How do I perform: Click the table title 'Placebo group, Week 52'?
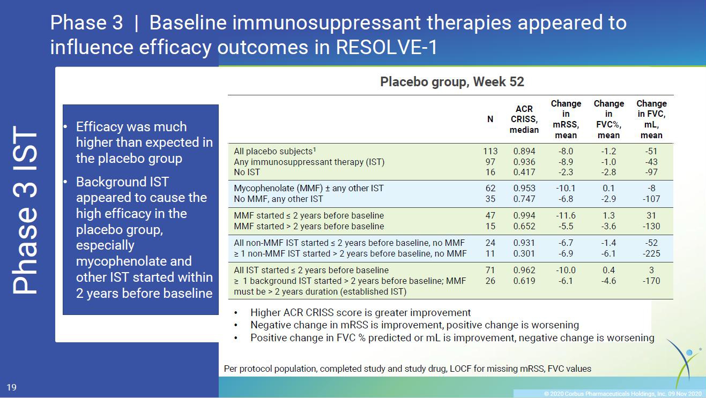pos(452,82)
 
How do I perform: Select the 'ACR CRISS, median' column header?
pos(524,119)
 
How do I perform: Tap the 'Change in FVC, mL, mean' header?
pos(651,119)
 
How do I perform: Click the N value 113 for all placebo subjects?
pos(491,151)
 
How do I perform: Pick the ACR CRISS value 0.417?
pos(524,172)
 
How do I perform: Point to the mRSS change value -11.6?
pos(566,215)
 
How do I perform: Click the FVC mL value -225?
pos(651,253)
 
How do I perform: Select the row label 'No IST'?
pos(247,172)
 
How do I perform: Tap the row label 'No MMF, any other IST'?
pos(278,199)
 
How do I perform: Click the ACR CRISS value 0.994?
pos(524,215)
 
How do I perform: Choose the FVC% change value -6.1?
pos(608,253)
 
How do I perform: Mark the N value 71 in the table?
pos(491,270)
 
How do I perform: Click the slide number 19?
pos(11,387)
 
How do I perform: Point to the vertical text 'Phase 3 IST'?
pos(25,209)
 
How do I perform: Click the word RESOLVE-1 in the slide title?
pos(387,48)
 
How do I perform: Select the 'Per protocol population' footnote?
pos(407,369)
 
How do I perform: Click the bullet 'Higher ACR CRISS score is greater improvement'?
pos(361,313)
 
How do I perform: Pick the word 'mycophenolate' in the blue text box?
pos(133,261)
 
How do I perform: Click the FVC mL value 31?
pos(651,215)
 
